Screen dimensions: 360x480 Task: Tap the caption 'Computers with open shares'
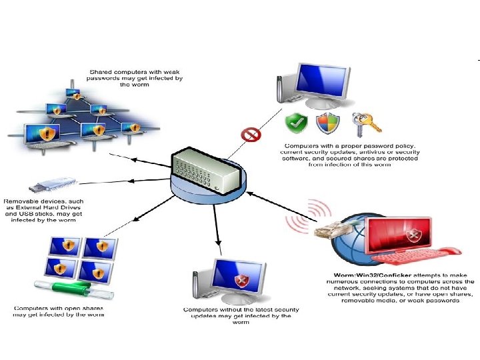[x=59, y=308]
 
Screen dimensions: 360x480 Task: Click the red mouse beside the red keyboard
[x=451, y=251]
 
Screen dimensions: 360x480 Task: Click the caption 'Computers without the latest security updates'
[x=241, y=309]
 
